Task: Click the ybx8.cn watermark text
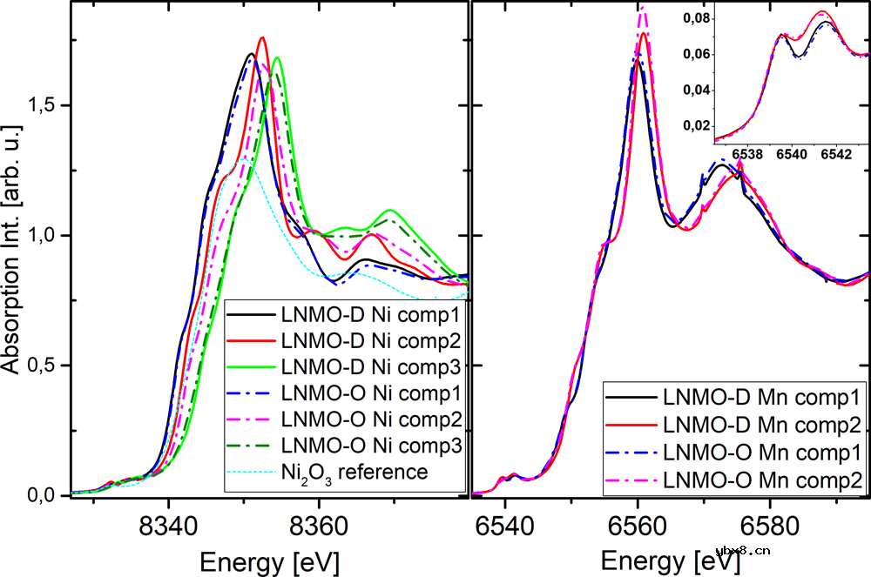(x=743, y=550)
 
